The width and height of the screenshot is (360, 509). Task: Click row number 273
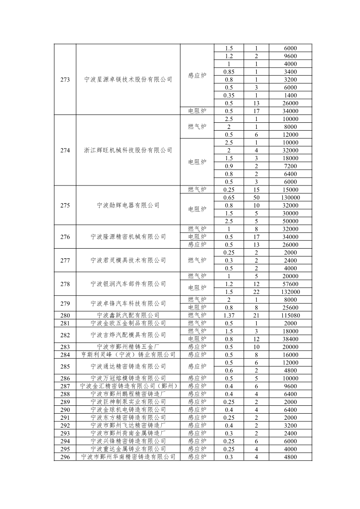[x=65, y=80]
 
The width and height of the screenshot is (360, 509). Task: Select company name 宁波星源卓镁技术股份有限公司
[x=128, y=80]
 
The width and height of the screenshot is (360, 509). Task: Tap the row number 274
[x=65, y=151]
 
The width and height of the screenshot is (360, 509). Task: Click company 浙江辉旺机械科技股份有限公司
[x=128, y=151]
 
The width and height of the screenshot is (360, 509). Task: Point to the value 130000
[x=291, y=198]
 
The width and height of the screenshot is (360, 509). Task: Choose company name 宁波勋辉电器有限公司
[x=128, y=206]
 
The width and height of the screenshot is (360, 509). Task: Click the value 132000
[x=291, y=292]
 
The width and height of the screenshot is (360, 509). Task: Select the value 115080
[x=291, y=315]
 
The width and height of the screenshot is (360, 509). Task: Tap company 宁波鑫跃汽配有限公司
[x=128, y=315]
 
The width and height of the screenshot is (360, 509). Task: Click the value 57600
[x=291, y=284]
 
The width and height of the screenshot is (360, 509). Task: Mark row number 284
[x=65, y=355]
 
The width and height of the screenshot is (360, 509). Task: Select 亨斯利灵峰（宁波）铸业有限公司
[x=128, y=355]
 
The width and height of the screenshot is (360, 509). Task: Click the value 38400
[x=291, y=339]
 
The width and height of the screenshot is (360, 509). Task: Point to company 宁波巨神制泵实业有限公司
[x=128, y=402]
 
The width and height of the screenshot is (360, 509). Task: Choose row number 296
[x=65, y=457]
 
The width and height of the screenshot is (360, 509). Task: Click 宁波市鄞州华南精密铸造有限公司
[x=128, y=457]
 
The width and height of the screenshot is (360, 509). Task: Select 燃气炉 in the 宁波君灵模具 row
[x=197, y=260]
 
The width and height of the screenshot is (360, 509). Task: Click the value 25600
[x=291, y=307]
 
